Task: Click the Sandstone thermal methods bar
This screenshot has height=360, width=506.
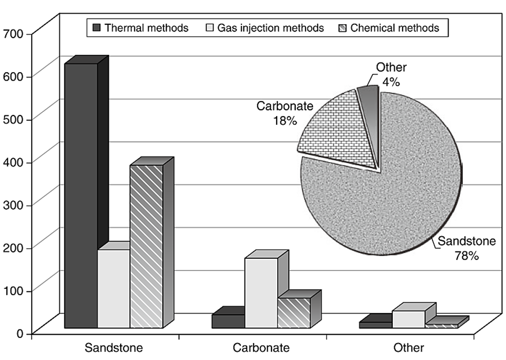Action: click(x=81, y=195)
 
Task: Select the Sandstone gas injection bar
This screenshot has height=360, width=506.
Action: click(x=113, y=289)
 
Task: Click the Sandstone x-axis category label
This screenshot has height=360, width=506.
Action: click(x=114, y=348)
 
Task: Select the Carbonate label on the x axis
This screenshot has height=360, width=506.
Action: click(x=261, y=348)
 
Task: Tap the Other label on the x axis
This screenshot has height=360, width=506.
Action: click(x=408, y=348)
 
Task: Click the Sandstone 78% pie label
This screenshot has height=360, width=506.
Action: click(x=467, y=249)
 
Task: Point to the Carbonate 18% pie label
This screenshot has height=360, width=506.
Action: click(x=285, y=112)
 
